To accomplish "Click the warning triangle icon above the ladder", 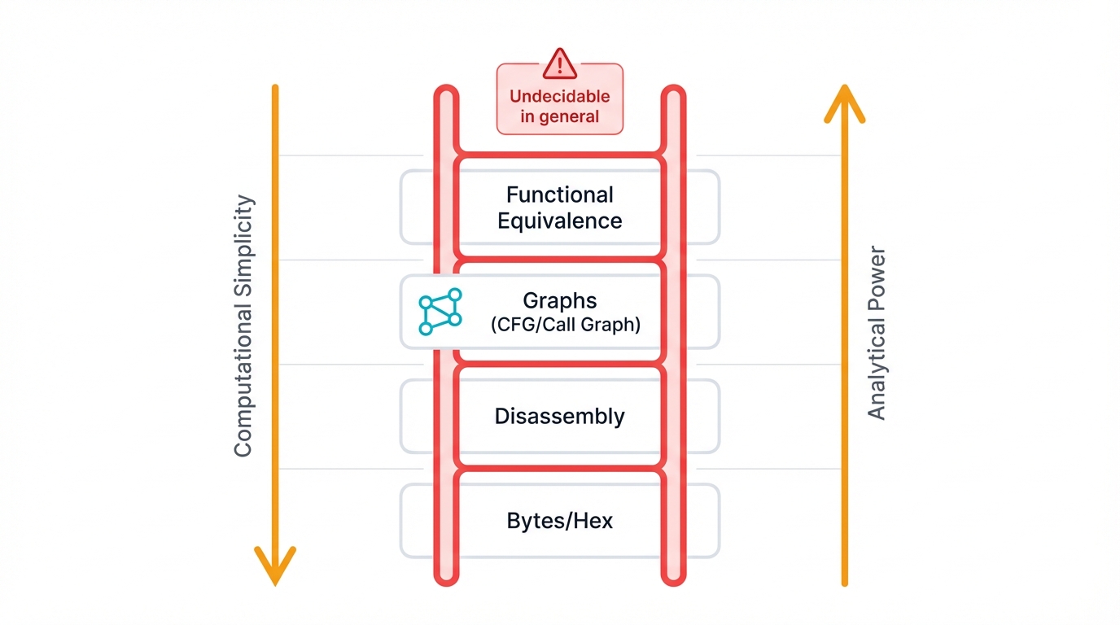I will pyautogui.click(x=559, y=64).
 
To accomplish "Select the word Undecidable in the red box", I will pyautogui.click(x=559, y=96).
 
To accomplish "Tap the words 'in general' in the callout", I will pyautogui.click(x=559, y=116).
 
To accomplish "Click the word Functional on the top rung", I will pyautogui.click(x=559, y=195).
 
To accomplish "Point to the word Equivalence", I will pyautogui.click(x=559, y=221).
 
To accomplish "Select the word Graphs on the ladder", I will pyautogui.click(x=559, y=300).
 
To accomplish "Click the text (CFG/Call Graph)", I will pyautogui.click(x=566, y=325).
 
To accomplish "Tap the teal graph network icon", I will pyautogui.click(x=440, y=312).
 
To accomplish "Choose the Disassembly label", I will pyautogui.click(x=559, y=417).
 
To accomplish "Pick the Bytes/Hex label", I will pyautogui.click(x=559, y=521).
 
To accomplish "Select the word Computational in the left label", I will pyautogui.click(x=243, y=374).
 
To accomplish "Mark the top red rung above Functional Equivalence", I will pyautogui.click(x=559, y=154).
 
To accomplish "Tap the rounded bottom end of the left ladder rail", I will pyautogui.click(x=445, y=576).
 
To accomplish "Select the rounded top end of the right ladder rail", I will pyautogui.click(x=673, y=93).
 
